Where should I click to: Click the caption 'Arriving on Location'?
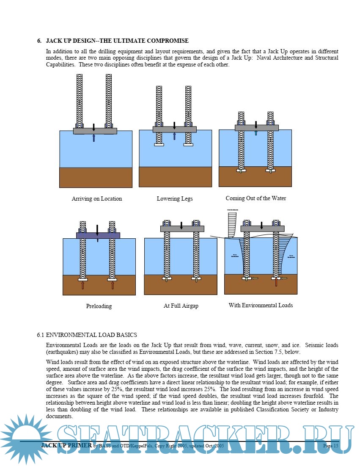click(96, 199)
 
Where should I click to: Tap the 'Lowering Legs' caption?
click(174, 199)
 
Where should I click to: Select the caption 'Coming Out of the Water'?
click(256, 198)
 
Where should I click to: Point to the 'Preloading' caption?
click(99, 306)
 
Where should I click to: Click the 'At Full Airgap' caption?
click(181, 306)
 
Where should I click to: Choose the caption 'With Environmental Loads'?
click(261, 305)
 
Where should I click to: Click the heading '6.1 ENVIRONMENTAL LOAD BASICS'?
click(87, 335)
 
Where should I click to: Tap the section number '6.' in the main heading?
click(39, 41)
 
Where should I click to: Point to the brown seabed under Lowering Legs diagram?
click(175, 176)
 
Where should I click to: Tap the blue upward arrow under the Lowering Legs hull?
click(174, 136)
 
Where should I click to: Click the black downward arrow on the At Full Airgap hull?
click(181, 226)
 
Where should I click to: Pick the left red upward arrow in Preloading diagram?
click(83, 285)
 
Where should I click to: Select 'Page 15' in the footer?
click(330, 446)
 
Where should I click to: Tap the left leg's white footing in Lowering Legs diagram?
click(159, 145)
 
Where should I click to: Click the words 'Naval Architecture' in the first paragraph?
click(280, 58)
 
